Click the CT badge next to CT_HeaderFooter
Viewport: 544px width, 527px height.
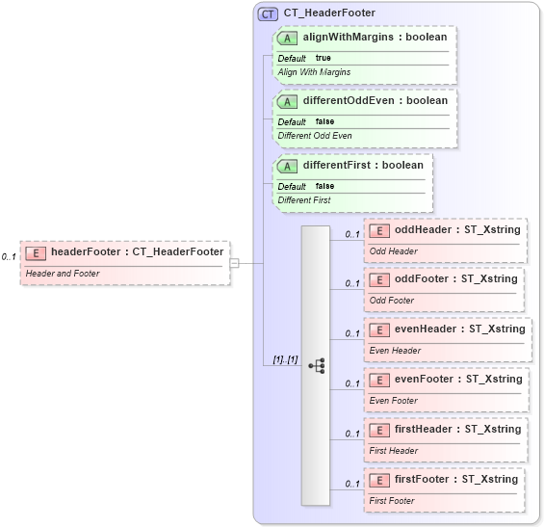click(269, 13)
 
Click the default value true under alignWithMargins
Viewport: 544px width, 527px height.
click(324, 58)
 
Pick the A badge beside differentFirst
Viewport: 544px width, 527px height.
click(287, 166)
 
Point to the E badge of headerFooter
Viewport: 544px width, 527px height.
click(36, 252)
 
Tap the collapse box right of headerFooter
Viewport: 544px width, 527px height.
click(234, 262)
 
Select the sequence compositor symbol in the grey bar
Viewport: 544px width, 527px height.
click(317, 366)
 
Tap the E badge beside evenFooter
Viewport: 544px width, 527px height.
click(379, 380)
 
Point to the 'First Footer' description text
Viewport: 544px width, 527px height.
click(392, 501)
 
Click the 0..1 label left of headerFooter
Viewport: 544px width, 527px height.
click(9, 257)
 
